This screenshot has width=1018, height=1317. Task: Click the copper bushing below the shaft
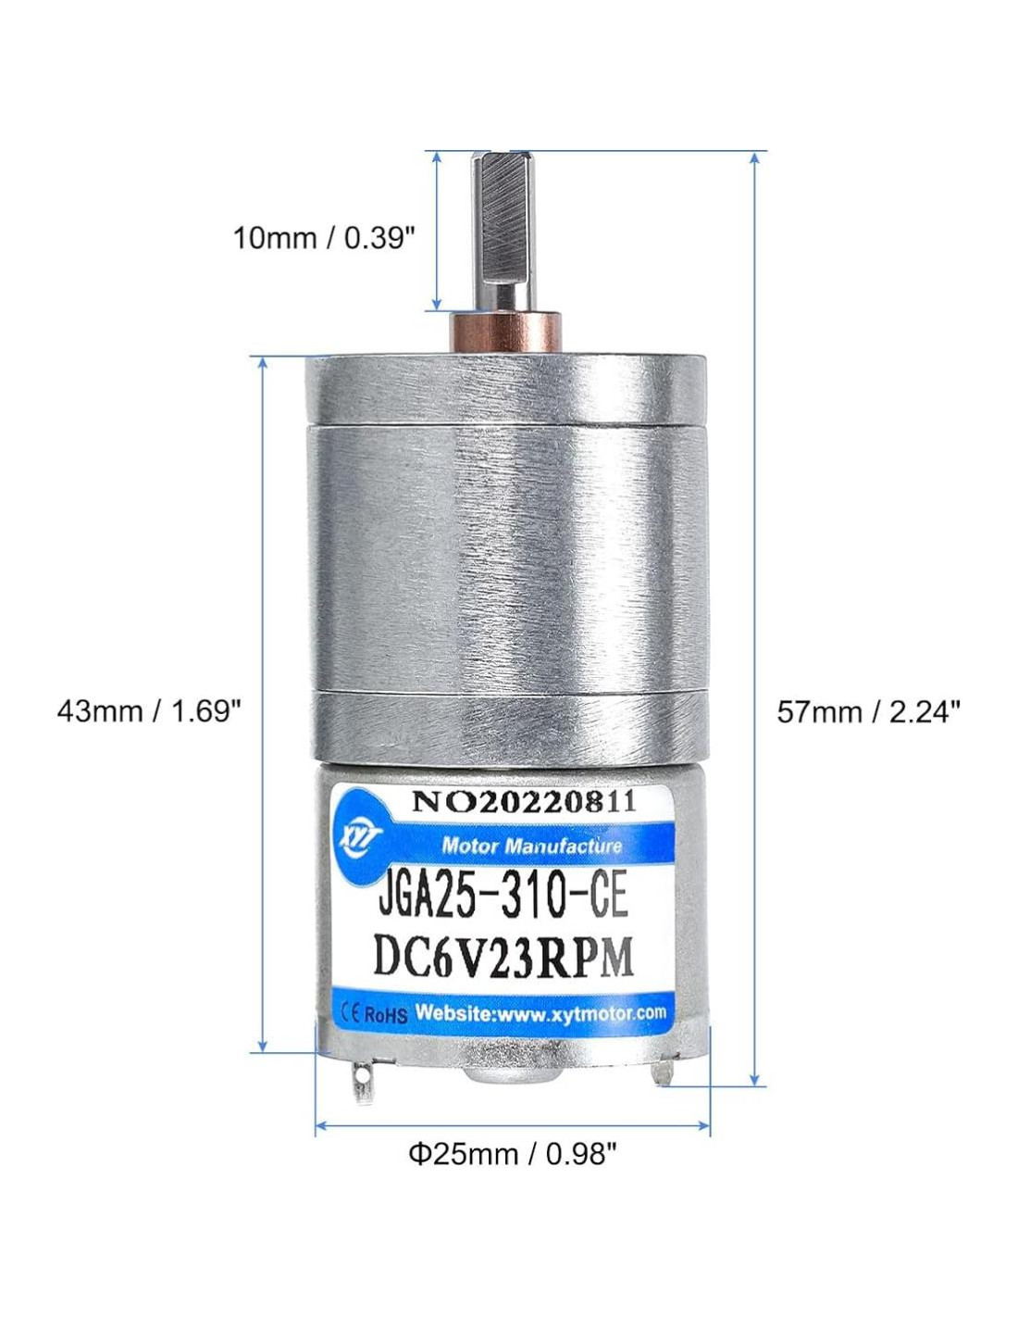click(504, 332)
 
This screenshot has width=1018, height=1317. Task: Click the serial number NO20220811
click(525, 802)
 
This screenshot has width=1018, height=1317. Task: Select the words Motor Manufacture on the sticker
click(531, 845)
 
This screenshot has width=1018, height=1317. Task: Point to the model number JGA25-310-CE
click(503, 898)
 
